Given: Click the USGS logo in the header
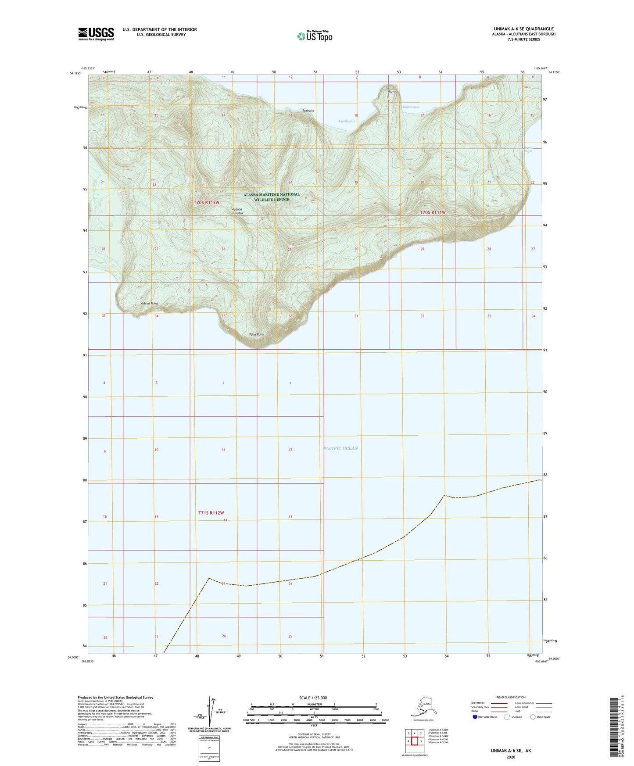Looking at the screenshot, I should coord(96,34).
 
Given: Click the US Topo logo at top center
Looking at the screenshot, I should coord(314,36).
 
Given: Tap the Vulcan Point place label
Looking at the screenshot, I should coord(149,303).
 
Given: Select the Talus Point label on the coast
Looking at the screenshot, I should coord(257,334).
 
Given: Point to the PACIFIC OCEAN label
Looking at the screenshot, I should coord(340,448).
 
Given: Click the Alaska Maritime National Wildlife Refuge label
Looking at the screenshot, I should coord(272,197).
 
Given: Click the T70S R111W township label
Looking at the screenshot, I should coord(433,212).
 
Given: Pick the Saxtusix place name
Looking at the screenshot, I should coord(308,111).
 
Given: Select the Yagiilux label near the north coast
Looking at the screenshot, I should coord(393,92).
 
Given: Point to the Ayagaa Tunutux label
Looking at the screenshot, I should coord(237,211).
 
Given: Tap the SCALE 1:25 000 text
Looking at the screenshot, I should coord(313,698).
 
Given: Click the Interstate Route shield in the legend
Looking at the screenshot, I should coord(475,717).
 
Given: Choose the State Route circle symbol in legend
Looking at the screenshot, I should coord(533,717).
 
